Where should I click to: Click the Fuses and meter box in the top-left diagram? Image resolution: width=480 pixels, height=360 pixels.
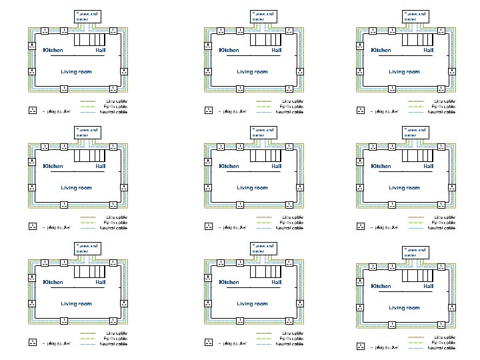point(86,16)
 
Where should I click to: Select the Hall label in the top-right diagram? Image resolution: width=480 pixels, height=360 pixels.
point(429,50)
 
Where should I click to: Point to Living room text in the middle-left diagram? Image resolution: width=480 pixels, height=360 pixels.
point(76,187)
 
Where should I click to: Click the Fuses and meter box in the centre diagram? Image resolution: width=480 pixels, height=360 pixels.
point(263,132)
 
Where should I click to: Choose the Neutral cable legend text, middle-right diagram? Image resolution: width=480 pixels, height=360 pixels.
point(441,228)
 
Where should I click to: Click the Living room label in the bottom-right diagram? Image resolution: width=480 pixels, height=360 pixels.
point(405,308)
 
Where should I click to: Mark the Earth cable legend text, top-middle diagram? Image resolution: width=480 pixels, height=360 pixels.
point(292,107)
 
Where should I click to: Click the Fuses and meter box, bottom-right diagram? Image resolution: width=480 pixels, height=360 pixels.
point(415,252)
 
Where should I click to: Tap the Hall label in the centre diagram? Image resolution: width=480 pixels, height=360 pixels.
point(277,166)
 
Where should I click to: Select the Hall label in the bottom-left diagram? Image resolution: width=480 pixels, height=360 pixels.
point(100,282)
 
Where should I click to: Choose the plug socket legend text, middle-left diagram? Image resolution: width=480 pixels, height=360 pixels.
point(56,227)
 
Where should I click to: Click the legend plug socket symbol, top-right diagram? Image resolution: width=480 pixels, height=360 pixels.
point(361,111)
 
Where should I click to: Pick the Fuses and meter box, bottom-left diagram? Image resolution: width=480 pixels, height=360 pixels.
point(86,248)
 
